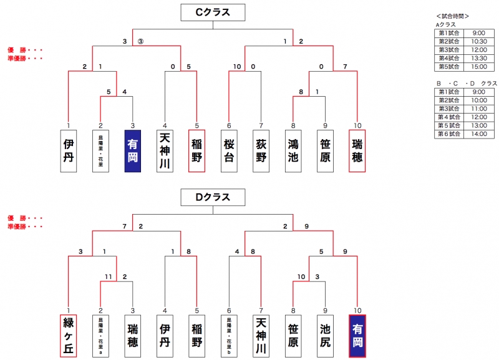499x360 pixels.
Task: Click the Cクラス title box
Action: click(213, 12)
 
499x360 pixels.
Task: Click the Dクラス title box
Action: click(213, 198)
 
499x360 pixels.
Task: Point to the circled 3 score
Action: click(141, 42)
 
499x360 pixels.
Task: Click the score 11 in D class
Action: click(109, 276)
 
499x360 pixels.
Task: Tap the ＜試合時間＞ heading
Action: click(452, 16)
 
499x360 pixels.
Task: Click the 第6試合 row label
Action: click(448, 134)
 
